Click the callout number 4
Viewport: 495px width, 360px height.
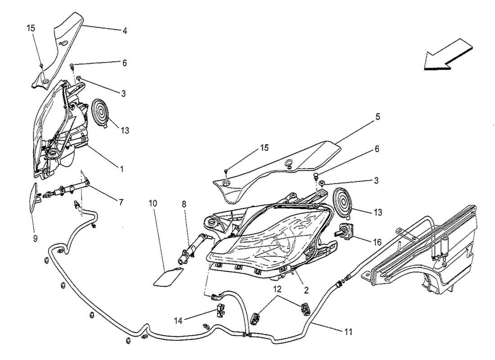[x=125, y=31]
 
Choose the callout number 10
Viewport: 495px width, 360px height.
[x=153, y=203]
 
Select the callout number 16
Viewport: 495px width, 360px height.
[x=377, y=242]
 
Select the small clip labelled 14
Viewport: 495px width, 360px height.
[x=220, y=310]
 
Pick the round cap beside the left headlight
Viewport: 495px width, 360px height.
[x=102, y=112]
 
